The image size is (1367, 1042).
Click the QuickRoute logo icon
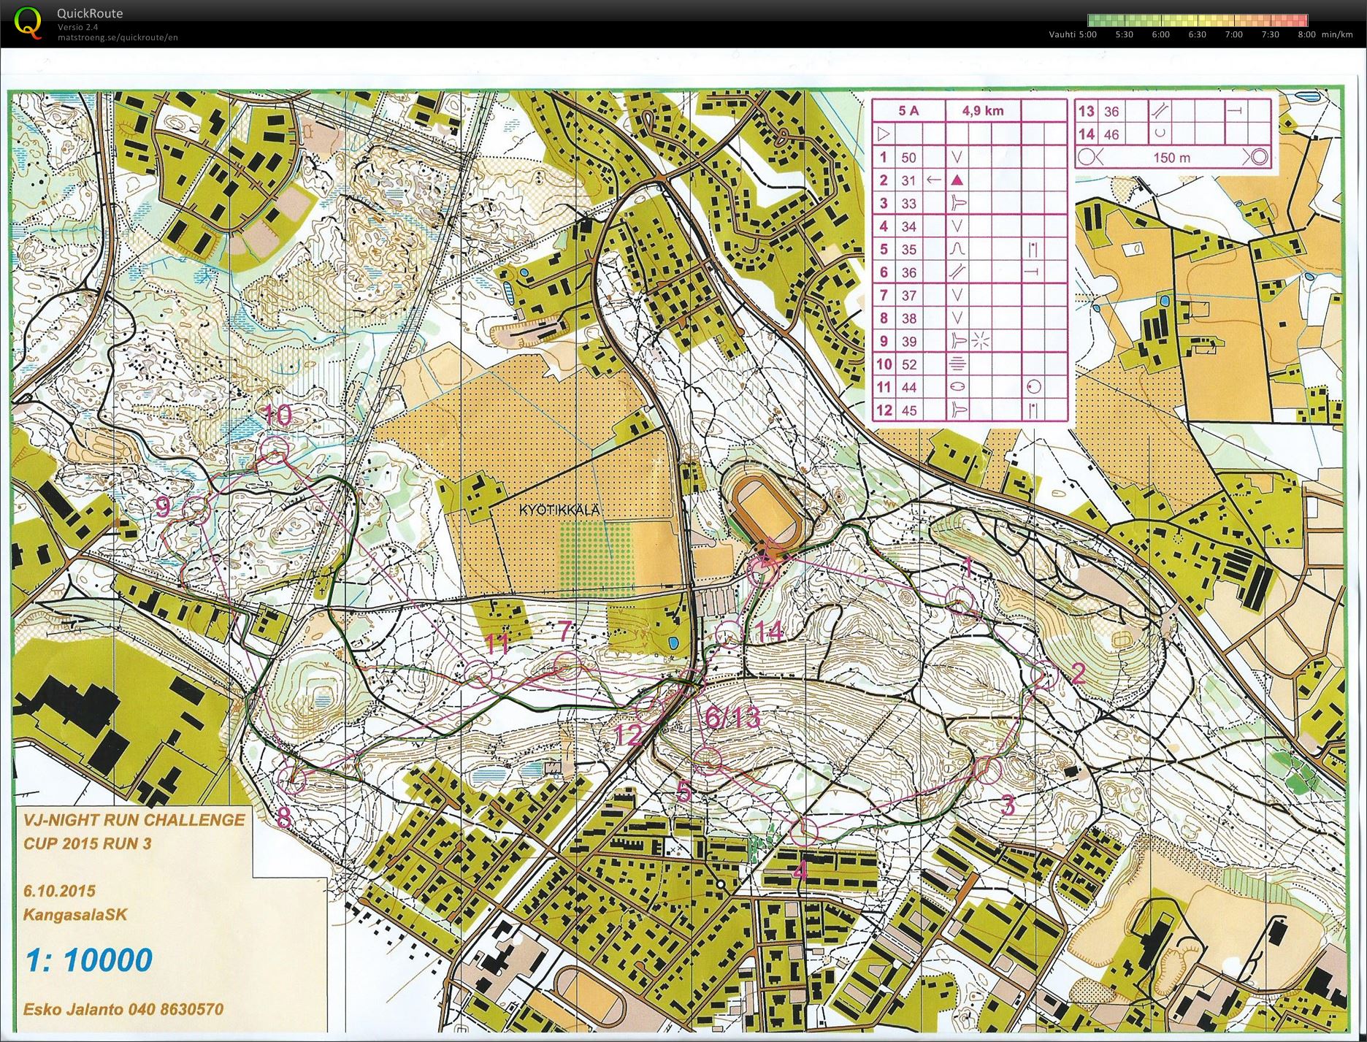tap(27, 22)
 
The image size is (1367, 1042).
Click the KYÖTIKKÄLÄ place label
tap(560, 510)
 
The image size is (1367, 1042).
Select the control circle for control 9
tap(196, 509)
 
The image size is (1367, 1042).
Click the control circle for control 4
tap(804, 831)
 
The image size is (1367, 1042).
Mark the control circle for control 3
tap(987, 770)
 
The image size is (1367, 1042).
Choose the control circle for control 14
tap(729, 635)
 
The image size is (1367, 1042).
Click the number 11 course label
tap(497, 644)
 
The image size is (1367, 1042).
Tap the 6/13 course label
tap(732, 717)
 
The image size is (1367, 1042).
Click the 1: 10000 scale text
tap(89, 960)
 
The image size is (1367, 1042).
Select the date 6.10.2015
tap(59, 891)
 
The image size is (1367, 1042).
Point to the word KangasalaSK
tap(75, 914)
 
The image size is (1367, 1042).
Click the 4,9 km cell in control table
tap(982, 111)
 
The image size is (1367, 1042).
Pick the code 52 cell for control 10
tap(908, 364)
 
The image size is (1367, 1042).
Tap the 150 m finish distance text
tap(1171, 158)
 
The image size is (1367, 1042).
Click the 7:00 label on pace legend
tap(1233, 34)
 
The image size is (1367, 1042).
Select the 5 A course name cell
tap(908, 111)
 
